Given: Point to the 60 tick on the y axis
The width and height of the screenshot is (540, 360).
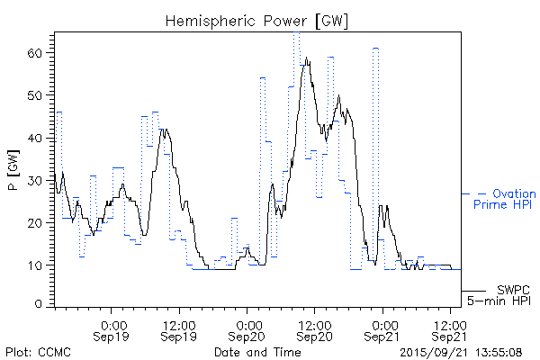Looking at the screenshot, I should click(x=35, y=53).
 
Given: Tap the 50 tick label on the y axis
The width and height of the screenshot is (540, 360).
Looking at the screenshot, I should click(x=35, y=95).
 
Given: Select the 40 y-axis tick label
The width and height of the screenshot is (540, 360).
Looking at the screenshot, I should click(x=35, y=138).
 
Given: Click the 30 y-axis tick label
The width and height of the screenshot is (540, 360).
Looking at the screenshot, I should click(x=35, y=180).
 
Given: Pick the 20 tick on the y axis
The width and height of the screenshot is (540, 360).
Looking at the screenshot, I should click(x=35, y=222).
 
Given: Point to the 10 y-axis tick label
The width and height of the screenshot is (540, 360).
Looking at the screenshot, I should click(x=35, y=265).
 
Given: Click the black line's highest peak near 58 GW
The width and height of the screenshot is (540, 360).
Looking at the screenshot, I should click(x=307, y=59).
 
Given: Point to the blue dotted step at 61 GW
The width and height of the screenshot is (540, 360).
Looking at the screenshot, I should click(x=375, y=49).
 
